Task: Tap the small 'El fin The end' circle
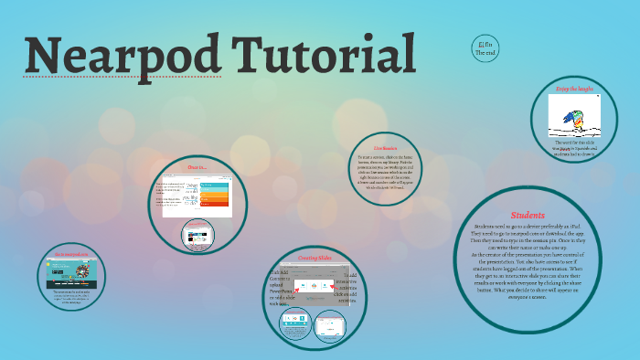click(x=485, y=48)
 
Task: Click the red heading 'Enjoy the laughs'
click(x=573, y=88)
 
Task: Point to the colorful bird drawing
click(x=573, y=117)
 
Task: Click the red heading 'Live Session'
click(x=385, y=147)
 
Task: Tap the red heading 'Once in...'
click(x=197, y=167)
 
